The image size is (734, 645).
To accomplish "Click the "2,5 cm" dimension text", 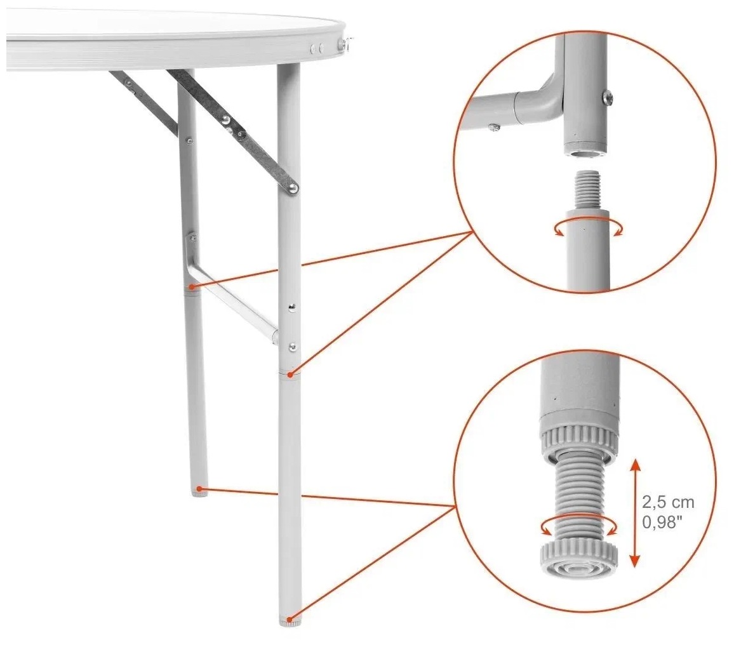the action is (668, 502).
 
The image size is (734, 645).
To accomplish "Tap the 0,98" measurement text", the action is (660, 522).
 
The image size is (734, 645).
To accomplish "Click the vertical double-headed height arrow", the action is (635, 512).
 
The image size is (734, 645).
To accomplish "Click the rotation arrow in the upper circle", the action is (589, 228).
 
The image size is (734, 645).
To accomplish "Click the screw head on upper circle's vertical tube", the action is (607, 97).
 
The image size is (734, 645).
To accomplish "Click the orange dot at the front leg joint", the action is (291, 375).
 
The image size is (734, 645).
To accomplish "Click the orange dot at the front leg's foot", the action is (293, 617).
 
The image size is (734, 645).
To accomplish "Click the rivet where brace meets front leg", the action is (293, 188).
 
